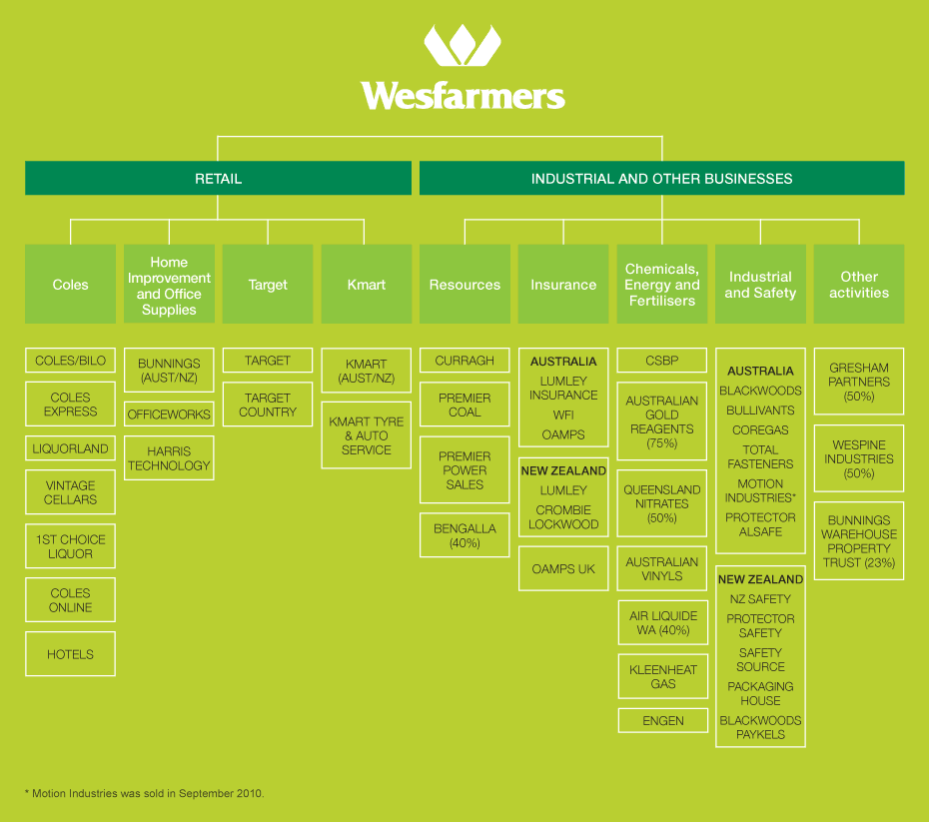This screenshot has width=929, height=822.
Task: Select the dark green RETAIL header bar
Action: pyautogui.click(x=218, y=179)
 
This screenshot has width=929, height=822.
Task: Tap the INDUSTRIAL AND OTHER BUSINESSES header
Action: pyautogui.click(x=661, y=179)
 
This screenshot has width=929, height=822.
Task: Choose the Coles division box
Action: pyautogui.click(x=70, y=285)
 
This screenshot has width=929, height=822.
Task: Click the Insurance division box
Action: pyautogui.click(x=563, y=285)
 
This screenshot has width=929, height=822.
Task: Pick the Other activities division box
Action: pyautogui.click(x=859, y=285)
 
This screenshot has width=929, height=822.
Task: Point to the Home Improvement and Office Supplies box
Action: pyautogui.click(x=169, y=285)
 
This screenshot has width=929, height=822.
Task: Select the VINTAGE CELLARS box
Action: pyautogui.click(x=70, y=492)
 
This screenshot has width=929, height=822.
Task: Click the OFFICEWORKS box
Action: pyautogui.click(x=169, y=413)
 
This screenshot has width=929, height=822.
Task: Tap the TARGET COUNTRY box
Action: pyautogui.click(x=268, y=405)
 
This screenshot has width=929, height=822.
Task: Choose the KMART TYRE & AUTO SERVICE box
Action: pyautogui.click(x=366, y=435)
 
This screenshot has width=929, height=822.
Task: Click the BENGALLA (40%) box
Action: pyautogui.click(x=464, y=535)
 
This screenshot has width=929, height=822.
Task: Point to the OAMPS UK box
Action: pyautogui.click(x=563, y=568)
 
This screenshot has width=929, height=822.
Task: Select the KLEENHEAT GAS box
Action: pyautogui.click(x=662, y=676)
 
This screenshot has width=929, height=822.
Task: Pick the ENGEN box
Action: pyautogui.click(x=662, y=720)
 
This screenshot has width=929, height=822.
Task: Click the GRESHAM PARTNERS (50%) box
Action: pyautogui.click(x=859, y=382)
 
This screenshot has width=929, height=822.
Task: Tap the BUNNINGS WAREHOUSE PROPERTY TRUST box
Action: pyautogui.click(x=859, y=541)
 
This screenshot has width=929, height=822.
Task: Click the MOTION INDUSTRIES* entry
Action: pyautogui.click(x=760, y=490)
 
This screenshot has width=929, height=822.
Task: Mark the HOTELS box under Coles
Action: pyautogui.click(x=70, y=654)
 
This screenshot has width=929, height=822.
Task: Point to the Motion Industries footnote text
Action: pyautogui.click(x=144, y=793)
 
